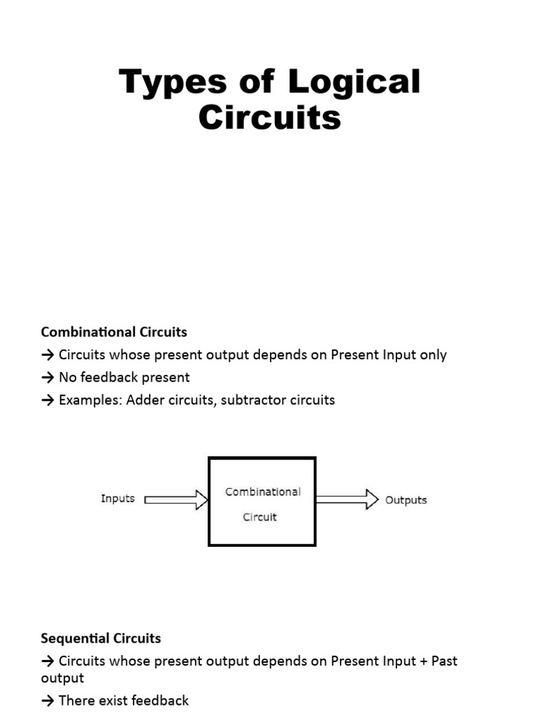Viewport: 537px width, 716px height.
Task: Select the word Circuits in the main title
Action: (x=269, y=117)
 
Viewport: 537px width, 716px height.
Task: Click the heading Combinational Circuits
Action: (x=114, y=331)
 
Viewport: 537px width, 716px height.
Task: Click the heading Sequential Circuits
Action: (x=101, y=638)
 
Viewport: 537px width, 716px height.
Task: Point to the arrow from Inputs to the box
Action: (x=176, y=499)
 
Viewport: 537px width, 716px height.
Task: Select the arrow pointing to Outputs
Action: (x=347, y=499)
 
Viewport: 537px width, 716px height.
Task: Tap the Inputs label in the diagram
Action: (x=117, y=499)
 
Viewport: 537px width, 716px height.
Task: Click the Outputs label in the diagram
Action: (x=406, y=500)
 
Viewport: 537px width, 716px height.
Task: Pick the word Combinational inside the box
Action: (x=262, y=492)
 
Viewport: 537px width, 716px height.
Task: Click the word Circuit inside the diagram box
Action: (x=259, y=517)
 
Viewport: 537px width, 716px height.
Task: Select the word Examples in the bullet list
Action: (x=89, y=400)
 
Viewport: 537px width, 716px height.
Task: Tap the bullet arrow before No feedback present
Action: (x=48, y=378)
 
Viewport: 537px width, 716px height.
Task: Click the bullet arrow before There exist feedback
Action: (x=48, y=700)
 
